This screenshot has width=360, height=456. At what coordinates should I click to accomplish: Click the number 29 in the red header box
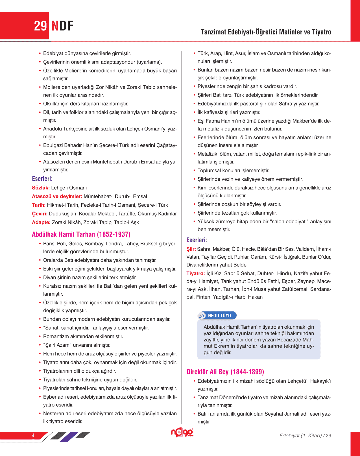(40, 26)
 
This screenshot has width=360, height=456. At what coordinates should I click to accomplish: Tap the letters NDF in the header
(62, 26)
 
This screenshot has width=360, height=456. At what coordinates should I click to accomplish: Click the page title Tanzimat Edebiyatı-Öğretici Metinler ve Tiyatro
(266, 32)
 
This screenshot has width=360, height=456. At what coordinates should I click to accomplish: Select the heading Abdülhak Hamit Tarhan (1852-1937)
(81, 234)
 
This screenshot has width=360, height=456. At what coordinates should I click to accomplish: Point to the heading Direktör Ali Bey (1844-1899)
(225, 372)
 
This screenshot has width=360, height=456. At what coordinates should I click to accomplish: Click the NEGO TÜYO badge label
(219, 316)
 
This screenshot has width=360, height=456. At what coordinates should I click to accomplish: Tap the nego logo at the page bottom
(182, 432)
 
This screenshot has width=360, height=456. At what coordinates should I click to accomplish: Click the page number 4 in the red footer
(33, 435)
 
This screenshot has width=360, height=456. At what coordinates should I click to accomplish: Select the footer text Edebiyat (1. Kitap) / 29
(305, 436)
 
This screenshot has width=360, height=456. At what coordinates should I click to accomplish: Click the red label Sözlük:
(41, 188)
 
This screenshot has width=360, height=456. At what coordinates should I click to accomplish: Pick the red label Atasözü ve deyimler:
(57, 197)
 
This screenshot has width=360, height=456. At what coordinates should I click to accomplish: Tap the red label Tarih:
(39, 205)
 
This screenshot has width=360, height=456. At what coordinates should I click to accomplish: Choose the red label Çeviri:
(40, 214)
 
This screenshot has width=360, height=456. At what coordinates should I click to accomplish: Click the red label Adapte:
(41, 222)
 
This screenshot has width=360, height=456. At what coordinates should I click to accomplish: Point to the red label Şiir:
(191, 249)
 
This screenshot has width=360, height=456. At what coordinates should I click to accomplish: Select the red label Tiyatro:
(196, 273)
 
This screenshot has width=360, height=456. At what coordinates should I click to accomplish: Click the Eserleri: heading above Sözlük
(42, 179)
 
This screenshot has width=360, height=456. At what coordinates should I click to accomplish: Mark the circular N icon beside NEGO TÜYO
(202, 316)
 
